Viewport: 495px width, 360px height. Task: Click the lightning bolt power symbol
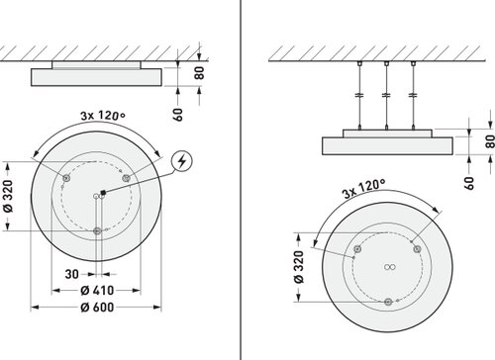(181, 161)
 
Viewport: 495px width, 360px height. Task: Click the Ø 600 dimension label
(97, 308)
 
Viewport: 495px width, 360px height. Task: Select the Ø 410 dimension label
(97, 291)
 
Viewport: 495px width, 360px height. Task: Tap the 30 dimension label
(72, 274)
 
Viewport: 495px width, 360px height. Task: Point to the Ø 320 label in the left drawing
(8, 196)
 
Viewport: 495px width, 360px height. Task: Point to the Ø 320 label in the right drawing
(299, 267)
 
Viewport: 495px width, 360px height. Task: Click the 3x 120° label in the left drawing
(103, 116)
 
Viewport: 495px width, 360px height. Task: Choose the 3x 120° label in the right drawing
(364, 189)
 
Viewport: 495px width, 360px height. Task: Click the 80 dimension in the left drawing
(199, 73)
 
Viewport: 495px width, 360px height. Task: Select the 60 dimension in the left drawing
(178, 115)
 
